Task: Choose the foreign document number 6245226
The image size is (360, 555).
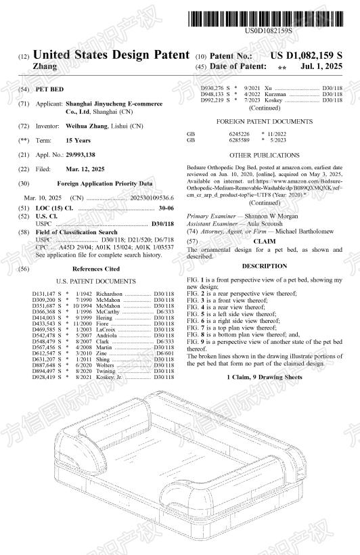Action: coord(239,134)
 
